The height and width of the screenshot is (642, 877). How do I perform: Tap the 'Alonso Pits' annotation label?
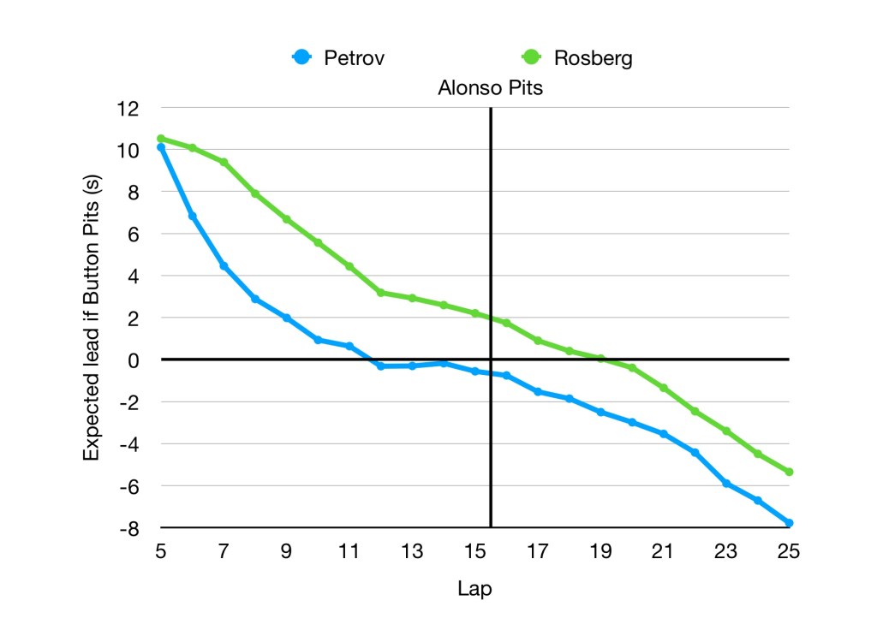[x=490, y=88]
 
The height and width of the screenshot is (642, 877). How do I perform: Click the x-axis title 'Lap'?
[x=474, y=589]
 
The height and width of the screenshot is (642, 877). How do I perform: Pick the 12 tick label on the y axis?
[x=128, y=109]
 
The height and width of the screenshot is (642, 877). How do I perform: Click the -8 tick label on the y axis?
[x=128, y=528]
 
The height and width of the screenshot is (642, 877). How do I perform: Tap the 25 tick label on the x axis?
[x=788, y=552]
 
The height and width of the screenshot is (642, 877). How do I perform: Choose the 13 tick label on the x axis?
[x=412, y=552]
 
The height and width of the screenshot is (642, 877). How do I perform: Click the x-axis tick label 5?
[x=160, y=552]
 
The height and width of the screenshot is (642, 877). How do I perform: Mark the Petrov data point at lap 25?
[x=788, y=522]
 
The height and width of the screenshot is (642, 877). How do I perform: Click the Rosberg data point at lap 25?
[x=788, y=472]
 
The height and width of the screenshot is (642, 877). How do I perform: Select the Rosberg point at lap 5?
[x=160, y=139]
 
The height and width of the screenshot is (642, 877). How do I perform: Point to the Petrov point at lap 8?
[x=255, y=299]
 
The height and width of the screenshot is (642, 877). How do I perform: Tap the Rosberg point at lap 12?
[x=380, y=293]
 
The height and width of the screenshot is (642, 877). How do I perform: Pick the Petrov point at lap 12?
[x=380, y=366]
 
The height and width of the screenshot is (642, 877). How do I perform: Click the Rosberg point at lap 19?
[x=600, y=359]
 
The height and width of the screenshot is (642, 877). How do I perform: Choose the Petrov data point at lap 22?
[x=695, y=452]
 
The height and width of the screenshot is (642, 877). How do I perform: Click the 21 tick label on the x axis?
[x=663, y=552]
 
